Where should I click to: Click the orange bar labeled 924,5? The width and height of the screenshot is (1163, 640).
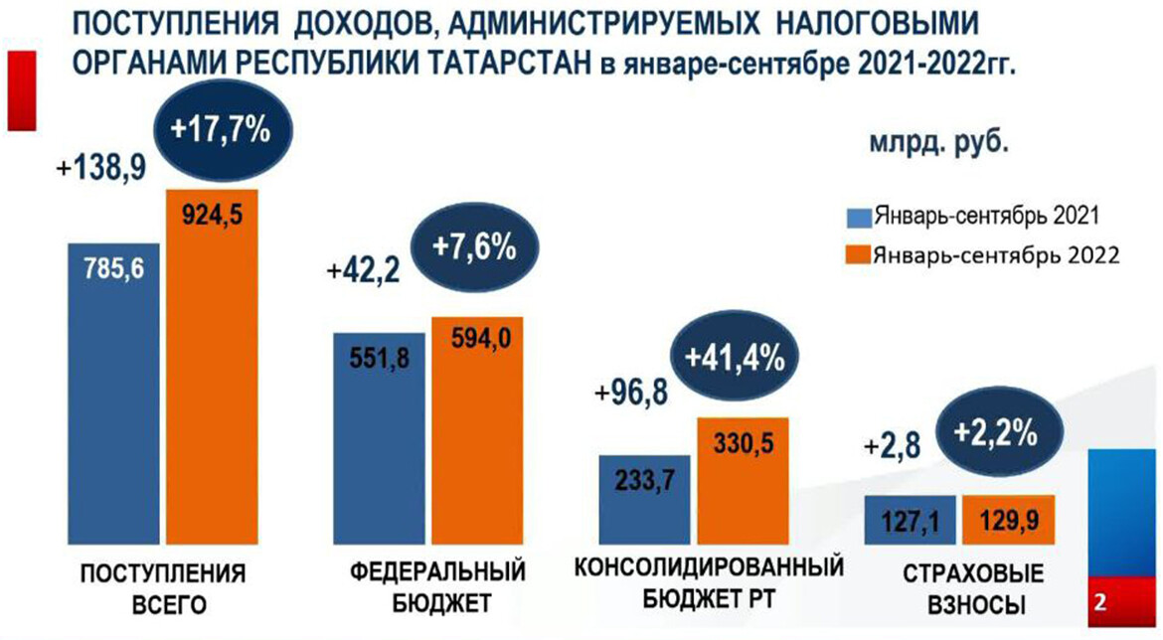[x=210, y=368]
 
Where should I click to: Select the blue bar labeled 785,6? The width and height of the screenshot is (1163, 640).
[x=112, y=398]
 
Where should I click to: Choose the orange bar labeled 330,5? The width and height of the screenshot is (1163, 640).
[x=741, y=482]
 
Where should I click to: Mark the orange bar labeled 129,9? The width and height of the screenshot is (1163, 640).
[x=1005, y=519]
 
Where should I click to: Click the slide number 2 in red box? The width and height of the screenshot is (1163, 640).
[x=1100, y=602]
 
